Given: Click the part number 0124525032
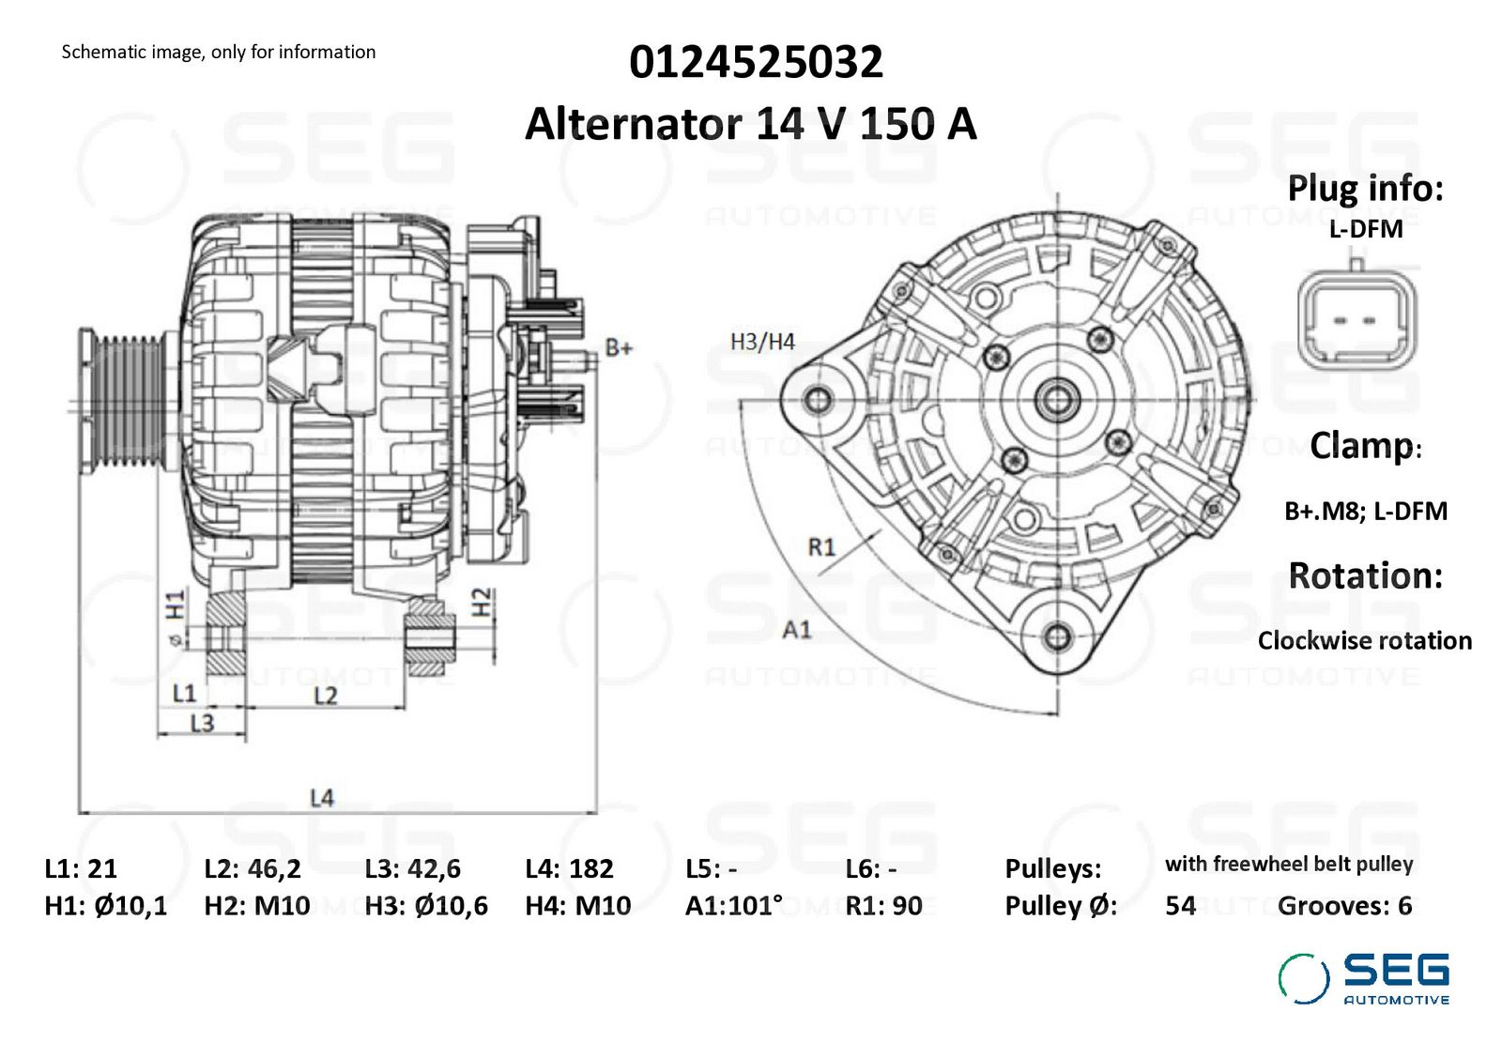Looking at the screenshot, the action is point(756,62).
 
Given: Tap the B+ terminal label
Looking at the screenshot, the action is point(619,347).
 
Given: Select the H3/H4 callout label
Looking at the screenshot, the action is point(762,342).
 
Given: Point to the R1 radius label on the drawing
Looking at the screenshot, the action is point(821,547).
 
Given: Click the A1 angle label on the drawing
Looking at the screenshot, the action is point(797,630).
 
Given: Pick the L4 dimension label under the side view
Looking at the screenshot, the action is point(322,798).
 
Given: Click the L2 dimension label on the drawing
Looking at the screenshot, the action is point(326,696).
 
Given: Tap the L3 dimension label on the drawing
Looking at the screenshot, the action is point(202,724).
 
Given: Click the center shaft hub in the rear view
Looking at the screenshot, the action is point(1057,400).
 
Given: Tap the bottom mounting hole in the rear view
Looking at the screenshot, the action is point(1057,636).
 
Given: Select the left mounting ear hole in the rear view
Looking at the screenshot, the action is point(818,401).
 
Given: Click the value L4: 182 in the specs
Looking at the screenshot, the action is point(569,869).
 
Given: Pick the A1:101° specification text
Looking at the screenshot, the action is point(733,906).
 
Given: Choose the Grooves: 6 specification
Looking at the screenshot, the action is point(1344,906).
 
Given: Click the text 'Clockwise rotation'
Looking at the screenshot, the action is point(1365,640).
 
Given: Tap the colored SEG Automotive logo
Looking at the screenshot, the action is point(1363,979).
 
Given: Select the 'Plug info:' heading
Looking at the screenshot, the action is point(1365,189).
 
